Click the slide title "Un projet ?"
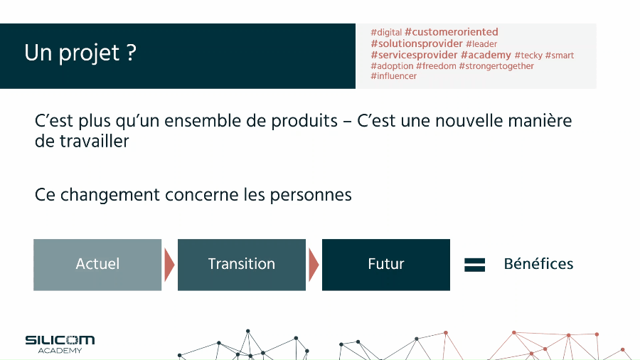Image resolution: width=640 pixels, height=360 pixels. coord(80,53)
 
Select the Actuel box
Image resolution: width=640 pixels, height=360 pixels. coord(97,265)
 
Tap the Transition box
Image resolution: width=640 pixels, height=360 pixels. coord(242,265)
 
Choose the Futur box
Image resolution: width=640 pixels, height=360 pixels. coord(386,265)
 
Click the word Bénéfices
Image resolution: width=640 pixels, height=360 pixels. coord(538,264)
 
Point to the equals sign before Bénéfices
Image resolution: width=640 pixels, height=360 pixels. coord(475,265)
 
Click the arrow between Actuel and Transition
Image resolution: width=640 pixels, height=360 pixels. coord(169,265)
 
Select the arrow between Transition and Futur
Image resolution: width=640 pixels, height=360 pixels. coord(314,265)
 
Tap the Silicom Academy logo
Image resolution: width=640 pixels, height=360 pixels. coord(60,344)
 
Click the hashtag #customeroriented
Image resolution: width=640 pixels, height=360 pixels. coord(452,32)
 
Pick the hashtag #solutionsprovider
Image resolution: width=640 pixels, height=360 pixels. coord(417,43)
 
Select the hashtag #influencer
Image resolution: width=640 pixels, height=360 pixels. coord(393,76)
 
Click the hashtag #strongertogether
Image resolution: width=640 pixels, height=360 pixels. coord(496,66)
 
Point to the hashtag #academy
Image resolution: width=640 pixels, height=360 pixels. coord(486,55)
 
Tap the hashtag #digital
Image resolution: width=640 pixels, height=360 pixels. coord(386,32)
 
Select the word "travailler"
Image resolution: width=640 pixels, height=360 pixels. coord(95,141)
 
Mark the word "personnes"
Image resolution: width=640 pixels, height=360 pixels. coord(311,196)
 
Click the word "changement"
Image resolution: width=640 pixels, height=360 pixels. coord(110,195)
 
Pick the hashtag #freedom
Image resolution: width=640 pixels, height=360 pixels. coord(436,66)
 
